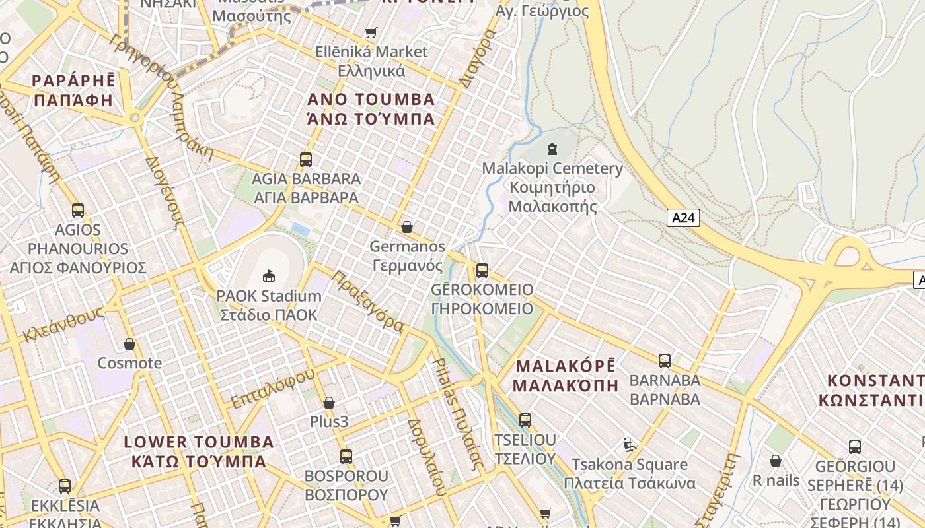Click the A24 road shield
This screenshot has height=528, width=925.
683,218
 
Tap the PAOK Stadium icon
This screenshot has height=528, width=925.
269,276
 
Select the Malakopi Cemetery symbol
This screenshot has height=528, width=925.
552,149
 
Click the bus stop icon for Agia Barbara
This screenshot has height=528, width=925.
305,159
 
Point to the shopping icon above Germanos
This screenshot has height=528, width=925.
407,227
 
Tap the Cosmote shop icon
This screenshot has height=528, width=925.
129,344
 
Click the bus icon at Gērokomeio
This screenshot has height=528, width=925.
482,270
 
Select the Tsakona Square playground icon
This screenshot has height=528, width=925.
630,445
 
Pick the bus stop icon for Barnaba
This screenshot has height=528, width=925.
665,361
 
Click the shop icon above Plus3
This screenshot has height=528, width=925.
329,403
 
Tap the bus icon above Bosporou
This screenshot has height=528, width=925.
346,456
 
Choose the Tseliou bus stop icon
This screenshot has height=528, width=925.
525,420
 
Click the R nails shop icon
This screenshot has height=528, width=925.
776,461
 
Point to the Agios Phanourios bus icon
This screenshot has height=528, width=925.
78,211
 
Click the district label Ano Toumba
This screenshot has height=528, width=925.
371,110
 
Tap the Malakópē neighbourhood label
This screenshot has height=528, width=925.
566,376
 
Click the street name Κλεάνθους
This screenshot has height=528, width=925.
63,324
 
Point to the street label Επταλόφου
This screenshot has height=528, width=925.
272,389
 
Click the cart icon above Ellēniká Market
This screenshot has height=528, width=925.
371,32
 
